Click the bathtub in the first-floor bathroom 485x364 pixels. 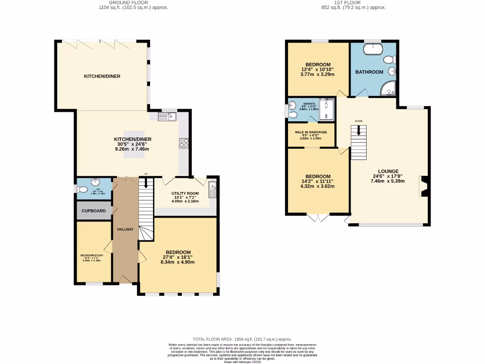373,48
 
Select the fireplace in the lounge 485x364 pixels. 423,186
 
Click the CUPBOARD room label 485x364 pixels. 94,210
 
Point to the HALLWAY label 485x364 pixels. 126,229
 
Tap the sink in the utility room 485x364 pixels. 212,189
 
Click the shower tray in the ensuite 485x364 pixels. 326,109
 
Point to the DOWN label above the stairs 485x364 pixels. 359,121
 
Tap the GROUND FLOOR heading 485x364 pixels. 132,2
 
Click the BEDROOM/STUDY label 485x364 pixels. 92,255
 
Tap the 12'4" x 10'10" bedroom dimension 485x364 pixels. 318,70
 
